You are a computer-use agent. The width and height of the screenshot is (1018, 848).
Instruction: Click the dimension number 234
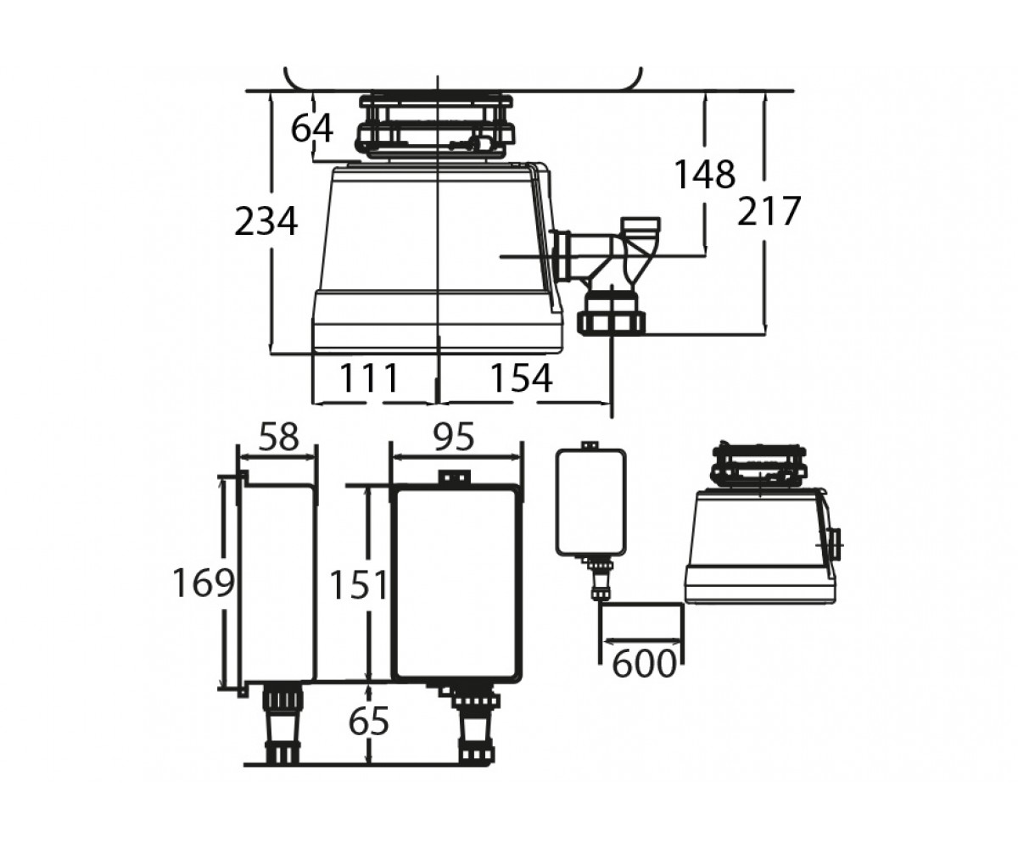[266, 221]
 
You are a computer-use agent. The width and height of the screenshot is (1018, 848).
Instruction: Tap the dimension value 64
[312, 128]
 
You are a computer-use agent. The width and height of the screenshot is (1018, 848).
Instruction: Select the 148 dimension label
[704, 174]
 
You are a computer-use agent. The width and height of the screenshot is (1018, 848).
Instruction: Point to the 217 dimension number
[769, 210]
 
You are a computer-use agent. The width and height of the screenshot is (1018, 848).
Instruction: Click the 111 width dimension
[368, 377]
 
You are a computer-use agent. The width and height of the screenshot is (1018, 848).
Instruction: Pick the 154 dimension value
[521, 377]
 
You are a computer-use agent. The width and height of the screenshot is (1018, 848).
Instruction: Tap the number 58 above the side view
[278, 437]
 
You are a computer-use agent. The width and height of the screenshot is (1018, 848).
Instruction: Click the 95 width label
[453, 437]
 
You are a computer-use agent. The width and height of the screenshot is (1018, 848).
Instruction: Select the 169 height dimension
[204, 583]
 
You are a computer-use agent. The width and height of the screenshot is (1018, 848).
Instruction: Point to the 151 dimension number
[359, 585]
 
